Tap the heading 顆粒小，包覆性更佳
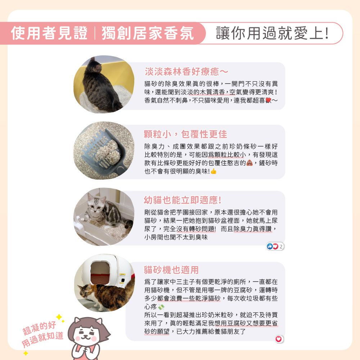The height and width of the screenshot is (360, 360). (x=185, y=134)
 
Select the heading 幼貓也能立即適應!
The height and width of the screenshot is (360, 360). (x=183, y=200)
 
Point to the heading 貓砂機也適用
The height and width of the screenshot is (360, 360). (x=171, y=270)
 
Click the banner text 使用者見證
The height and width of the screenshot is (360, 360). (x=49, y=33)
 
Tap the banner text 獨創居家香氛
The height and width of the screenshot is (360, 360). (x=148, y=33)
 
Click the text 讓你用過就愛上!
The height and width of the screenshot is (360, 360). (x=272, y=33)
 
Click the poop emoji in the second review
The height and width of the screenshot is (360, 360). (x=249, y=163)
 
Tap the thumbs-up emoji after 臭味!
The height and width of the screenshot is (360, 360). (x=213, y=171)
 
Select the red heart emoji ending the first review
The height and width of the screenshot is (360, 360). (x=268, y=100)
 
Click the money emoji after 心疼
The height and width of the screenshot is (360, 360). (x=161, y=306)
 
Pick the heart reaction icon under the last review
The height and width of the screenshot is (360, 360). (x=279, y=339)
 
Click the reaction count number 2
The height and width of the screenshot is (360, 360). (x=281, y=247)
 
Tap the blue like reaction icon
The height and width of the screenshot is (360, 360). (x=270, y=246)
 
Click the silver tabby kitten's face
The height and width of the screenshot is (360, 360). (x=95, y=204)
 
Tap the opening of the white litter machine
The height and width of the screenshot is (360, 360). (x=100, y=273)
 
